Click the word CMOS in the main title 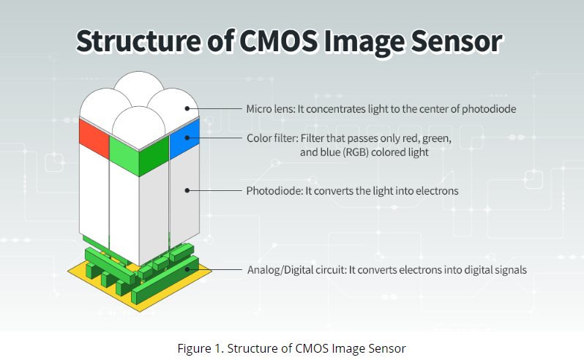(278, 40)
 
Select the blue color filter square (184, 139)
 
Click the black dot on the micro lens (187, 108)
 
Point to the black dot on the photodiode (187, 190)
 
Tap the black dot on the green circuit (187, 269)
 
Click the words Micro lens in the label (270, 109)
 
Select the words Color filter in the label (272, 138)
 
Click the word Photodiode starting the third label (274, 191)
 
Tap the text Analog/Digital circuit (297, 269)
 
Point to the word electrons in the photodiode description (437, 191)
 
